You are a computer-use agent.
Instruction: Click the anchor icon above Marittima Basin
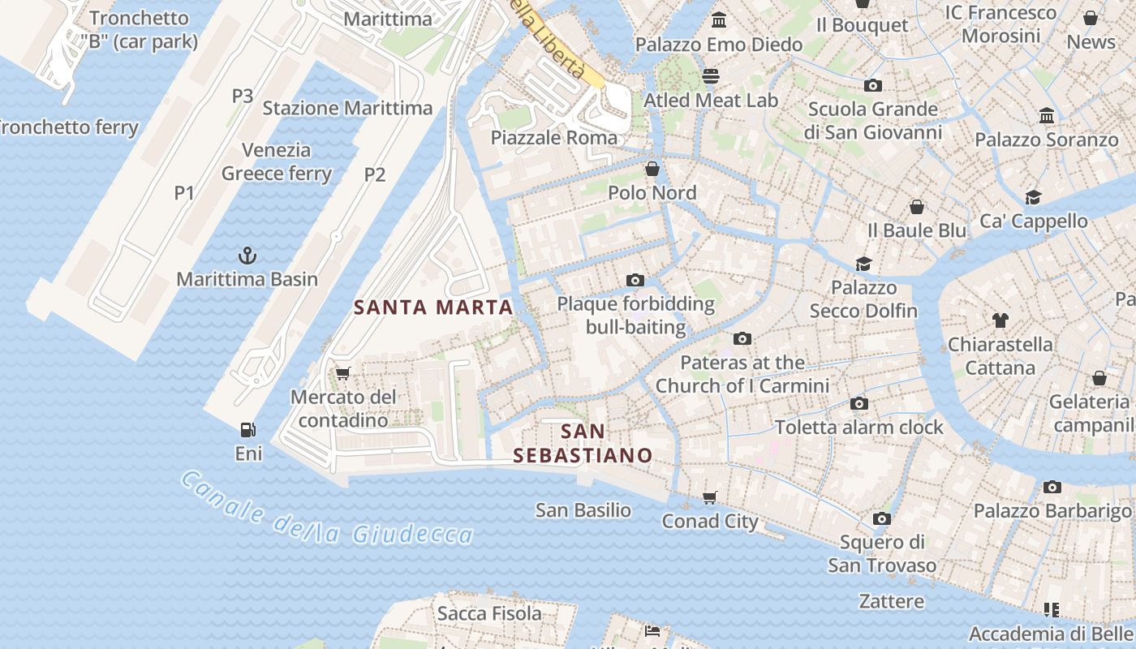[x=247, y=256]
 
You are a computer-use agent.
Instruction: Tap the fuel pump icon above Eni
[x=248, y=430]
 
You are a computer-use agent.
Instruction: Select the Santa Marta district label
[x=434, y=307]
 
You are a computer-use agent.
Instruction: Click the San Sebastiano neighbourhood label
[x=583, y=443]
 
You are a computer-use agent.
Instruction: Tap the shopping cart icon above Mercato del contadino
[x=342, y=373]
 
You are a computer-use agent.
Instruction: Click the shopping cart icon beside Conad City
[x=710, y=497]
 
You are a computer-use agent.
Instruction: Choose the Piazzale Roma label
[x=553, y=138]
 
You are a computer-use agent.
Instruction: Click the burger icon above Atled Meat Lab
[x=711, y=76]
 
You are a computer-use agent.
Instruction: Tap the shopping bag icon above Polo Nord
[x=652, y=169]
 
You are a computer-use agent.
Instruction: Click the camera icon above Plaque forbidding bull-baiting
[x=635, y=281]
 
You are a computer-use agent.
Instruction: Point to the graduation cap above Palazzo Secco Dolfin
[x=863, y=264]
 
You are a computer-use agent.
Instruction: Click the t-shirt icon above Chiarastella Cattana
[x=1000, y=320]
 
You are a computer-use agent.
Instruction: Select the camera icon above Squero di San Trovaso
[x=882, y=518]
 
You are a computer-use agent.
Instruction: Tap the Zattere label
[x=892, y=601]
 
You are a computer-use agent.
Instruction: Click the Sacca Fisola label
[x=489, y=613]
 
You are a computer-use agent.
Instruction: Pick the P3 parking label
[x=243, y=96]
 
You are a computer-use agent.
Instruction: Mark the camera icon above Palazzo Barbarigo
[x=1052, y=487]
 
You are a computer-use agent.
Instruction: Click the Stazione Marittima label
[x=347, y=108]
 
